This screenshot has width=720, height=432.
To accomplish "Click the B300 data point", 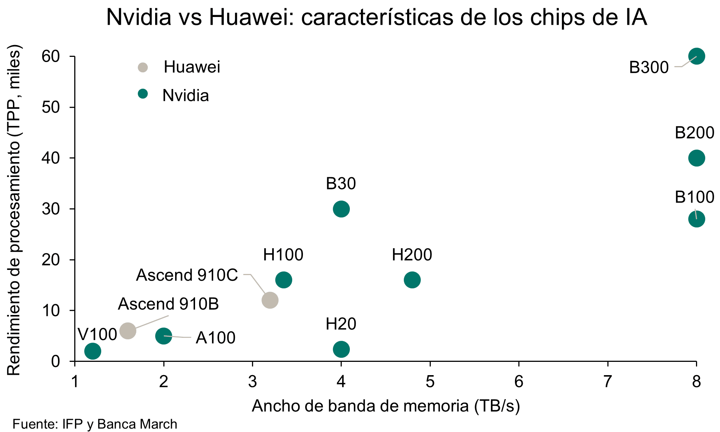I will pyautogui.click(x=696, y=56).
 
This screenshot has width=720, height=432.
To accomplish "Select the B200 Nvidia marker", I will pyautogui.click(x=696, y=158).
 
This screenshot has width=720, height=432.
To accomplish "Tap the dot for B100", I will pyautogui.click(x=696, y=219).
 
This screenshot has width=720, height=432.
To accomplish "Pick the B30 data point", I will pyautogui.click(x=341, y=209).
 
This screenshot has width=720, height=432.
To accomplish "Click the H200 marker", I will pyautogui.click(x=412, y=280).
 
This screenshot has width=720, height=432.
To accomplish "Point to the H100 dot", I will pyautogui.click(x=283, y=280).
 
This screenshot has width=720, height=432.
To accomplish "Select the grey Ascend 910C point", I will pyautogui.click(x=270, y=300).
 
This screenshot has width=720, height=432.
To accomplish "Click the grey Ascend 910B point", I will pyautogui.click(x=128, y=330).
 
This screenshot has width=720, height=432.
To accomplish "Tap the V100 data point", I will pyautogui.click(x=92, y=351).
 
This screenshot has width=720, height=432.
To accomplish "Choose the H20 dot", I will pyautogui.click(x=341, y=349).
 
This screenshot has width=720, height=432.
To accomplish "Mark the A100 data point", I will pyautogui.click(x=163, y=336).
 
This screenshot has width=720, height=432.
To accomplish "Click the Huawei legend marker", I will pyautogui.click(x=143, y=68).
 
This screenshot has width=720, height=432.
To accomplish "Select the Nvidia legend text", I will pyautogui.click(x=185, y=96).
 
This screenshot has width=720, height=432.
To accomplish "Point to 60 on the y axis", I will pyautogui.click(x=51, y=56).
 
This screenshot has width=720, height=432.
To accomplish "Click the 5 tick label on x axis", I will pyautogui.click(x=430, y=382).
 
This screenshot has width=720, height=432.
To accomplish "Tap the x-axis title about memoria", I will pyautogui.click(x=386, y=406).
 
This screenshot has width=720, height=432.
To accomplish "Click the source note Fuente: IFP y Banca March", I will pyautogui.click(x=95, y=424).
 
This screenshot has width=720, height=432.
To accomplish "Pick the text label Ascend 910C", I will pyautogui.click(x=187, y=275).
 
